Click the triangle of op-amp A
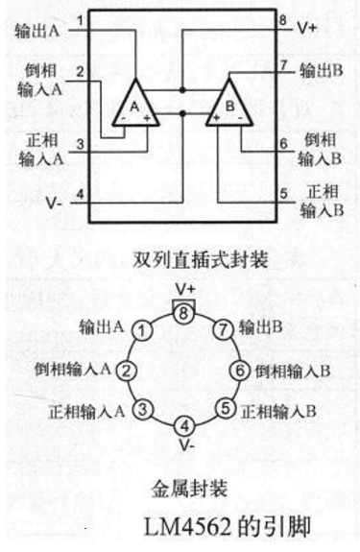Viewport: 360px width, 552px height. (x=136, y=103)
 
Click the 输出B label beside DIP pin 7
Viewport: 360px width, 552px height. (x=322, y=70)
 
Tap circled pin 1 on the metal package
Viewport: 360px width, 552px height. (x=141, y=332)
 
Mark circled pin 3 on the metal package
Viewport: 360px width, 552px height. (x=141, y=410)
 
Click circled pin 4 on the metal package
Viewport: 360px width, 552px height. (x=187, y=425)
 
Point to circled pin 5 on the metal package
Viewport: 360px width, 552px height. (x=226, y=410)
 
